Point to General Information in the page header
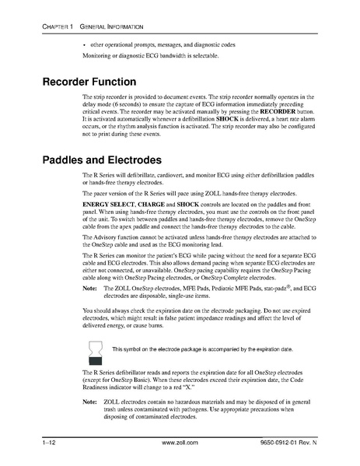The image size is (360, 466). pos(110,29)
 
